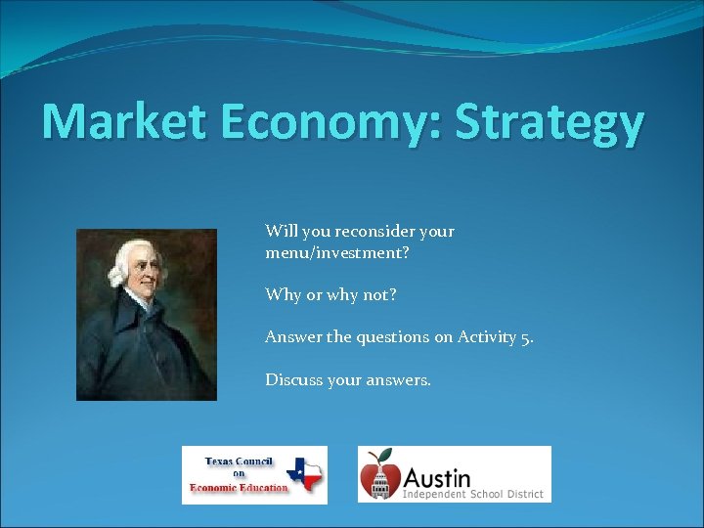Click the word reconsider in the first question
[x=375, y=232]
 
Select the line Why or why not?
[x=330, y=294]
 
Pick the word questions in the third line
[x=389, y=337]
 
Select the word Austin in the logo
[x=436, y=478]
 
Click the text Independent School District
[x=473, y=495]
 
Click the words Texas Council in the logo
[x=240, y=461]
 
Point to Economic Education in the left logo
[x=240, y=488]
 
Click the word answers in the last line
[x=396, y=379]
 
